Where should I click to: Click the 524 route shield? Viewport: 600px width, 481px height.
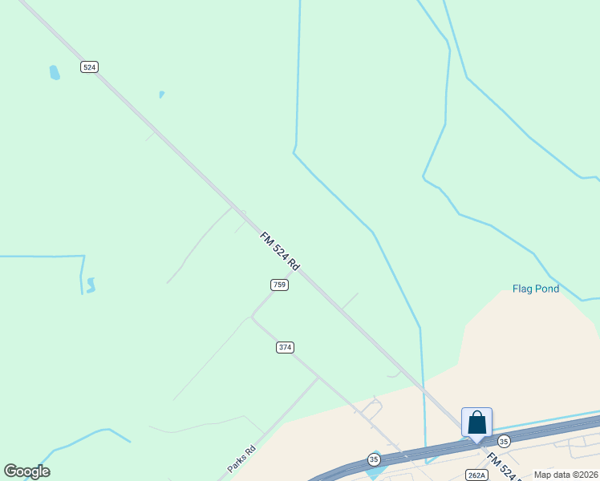coord(89,67)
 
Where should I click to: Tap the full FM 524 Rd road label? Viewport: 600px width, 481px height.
coord(279,251)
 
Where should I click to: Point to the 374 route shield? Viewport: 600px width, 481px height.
coord(285,347)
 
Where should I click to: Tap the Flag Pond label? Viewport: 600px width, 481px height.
coord(536,289)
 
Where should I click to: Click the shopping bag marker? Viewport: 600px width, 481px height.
coord(476,422)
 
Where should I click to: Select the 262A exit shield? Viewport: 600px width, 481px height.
coord(476,475)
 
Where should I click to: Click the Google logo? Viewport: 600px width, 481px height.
coord(26,471)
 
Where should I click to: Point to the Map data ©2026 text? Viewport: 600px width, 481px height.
coord(566,475)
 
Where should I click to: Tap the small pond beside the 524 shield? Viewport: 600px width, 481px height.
coord(55,73)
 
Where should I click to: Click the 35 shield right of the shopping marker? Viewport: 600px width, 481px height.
coord(504,441)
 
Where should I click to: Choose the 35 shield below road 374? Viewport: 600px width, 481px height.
coord(374,459)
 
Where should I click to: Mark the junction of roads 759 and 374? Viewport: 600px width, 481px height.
coord(252,317)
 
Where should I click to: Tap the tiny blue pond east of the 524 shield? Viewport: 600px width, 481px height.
coord(161,95)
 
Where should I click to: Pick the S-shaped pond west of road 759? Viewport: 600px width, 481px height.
coord(91,285)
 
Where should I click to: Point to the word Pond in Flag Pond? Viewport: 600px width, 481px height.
coord(548,289)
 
